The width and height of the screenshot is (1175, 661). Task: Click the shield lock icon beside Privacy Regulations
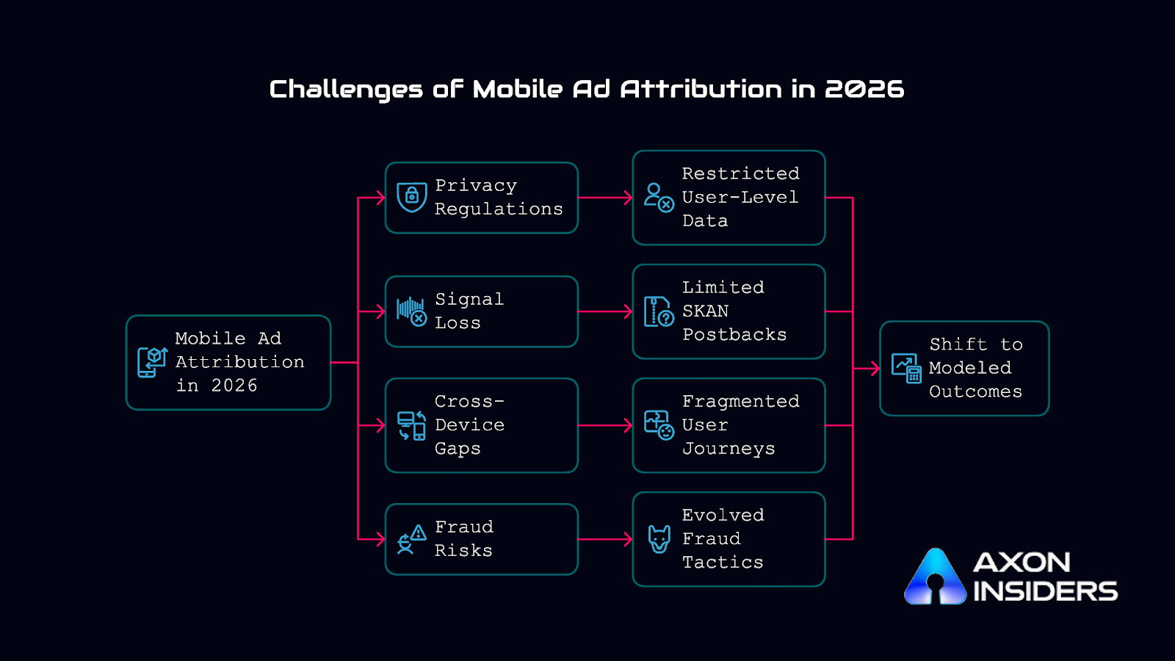pos(411,197)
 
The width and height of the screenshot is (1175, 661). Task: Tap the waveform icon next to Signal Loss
pos(411,311)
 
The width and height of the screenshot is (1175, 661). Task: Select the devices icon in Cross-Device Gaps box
pos(411,425)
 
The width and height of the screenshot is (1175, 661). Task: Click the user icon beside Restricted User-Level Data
pos(658,197)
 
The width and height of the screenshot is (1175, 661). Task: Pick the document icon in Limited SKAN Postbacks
pos(658,311)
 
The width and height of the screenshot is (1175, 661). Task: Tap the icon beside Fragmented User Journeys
pos(658,425)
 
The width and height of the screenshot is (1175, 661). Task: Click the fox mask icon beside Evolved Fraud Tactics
pos(659,539)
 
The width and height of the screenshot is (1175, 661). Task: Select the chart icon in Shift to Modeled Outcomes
pos(906,368)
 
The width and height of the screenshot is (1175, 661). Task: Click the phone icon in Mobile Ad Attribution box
pos(152,362)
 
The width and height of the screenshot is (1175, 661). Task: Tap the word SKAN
pos(705,311)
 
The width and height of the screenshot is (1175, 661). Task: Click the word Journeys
pos(728,449)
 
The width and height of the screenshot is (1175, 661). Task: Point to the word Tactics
pos(723,563)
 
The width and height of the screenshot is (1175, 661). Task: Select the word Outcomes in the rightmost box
pos(975,392)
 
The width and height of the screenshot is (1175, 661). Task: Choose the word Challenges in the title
pos(346,90)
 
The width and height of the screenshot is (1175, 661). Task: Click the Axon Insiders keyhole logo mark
pos(935,578)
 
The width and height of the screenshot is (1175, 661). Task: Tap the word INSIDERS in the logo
pos(1044,591)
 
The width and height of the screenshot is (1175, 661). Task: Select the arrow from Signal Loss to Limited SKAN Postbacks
pos(604,311)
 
